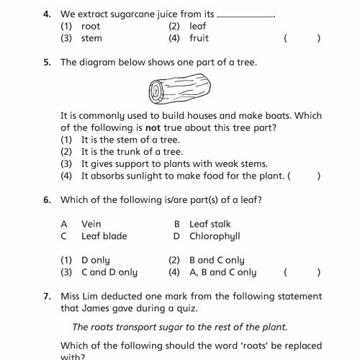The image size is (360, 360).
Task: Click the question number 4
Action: point(46,14)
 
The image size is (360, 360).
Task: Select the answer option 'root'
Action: point(91,26)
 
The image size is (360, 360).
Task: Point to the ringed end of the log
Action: point(156,91)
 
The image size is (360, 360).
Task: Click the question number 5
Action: point(46,63)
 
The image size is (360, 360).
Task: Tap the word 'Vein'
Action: point(91,224)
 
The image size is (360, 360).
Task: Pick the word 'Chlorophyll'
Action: point(215,236)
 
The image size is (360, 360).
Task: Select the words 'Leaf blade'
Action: point(104,236)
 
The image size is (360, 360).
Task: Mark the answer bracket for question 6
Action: point(302,273)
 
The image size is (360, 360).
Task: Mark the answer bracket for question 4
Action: point(302,38)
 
